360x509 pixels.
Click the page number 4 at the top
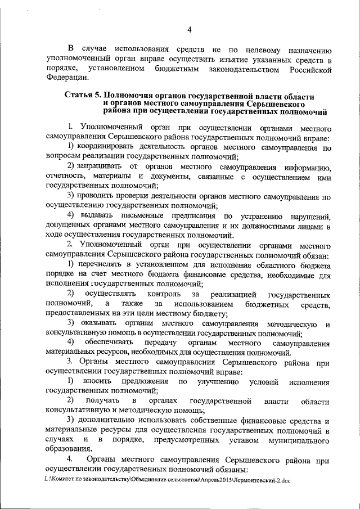pyautogui.click(x=190, y=30)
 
